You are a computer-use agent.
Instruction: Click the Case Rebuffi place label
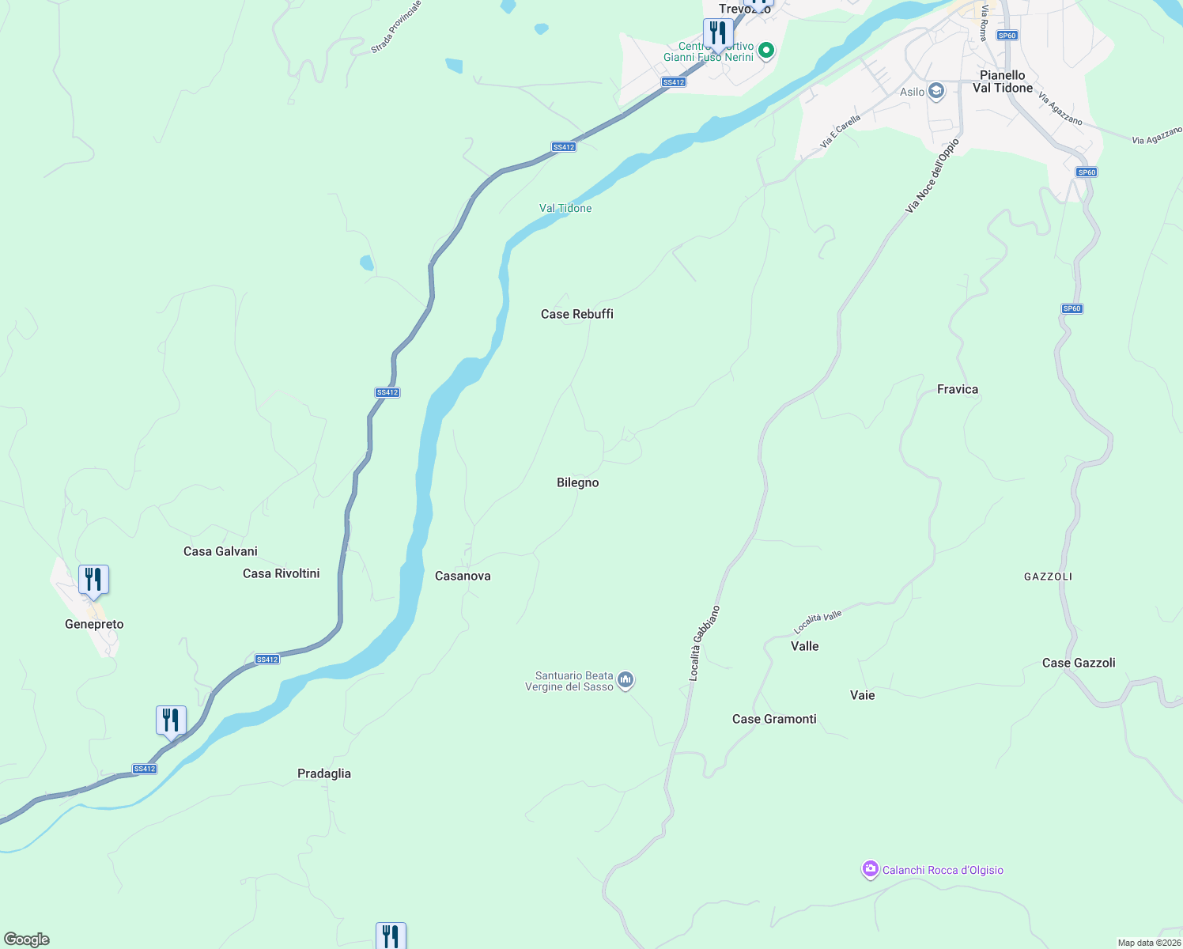(x=576, y=314)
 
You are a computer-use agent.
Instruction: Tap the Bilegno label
(x=577, y=482)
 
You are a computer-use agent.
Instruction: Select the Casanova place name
(x=463, y=576)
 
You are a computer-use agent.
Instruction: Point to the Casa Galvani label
(x=220, y=551)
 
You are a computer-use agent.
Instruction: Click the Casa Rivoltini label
(x=281, y=573)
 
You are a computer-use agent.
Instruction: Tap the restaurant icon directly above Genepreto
(x=93, y=580)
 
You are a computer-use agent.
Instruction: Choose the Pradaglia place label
(x=323, y=773)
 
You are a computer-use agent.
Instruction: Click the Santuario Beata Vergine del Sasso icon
(x=626, y=680)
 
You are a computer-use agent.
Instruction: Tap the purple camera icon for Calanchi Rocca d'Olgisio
(x=870, y=870)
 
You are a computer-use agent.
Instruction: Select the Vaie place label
(x=862, y=695)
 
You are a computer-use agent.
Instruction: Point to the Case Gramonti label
(x=773, y=719)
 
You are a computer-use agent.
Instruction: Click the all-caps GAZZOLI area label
(x=1048, y=577)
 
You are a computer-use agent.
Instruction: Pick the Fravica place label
(x=957, y=389)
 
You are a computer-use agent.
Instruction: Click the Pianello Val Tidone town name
(x=1002, y=81)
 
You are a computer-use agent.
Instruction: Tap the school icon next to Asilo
(x=936, y=92)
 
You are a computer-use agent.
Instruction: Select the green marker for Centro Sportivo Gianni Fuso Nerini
(x=765, y=51)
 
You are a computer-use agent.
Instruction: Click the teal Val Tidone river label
(x=565, y=208)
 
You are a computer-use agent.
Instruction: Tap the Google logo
(x=27, y=940)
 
